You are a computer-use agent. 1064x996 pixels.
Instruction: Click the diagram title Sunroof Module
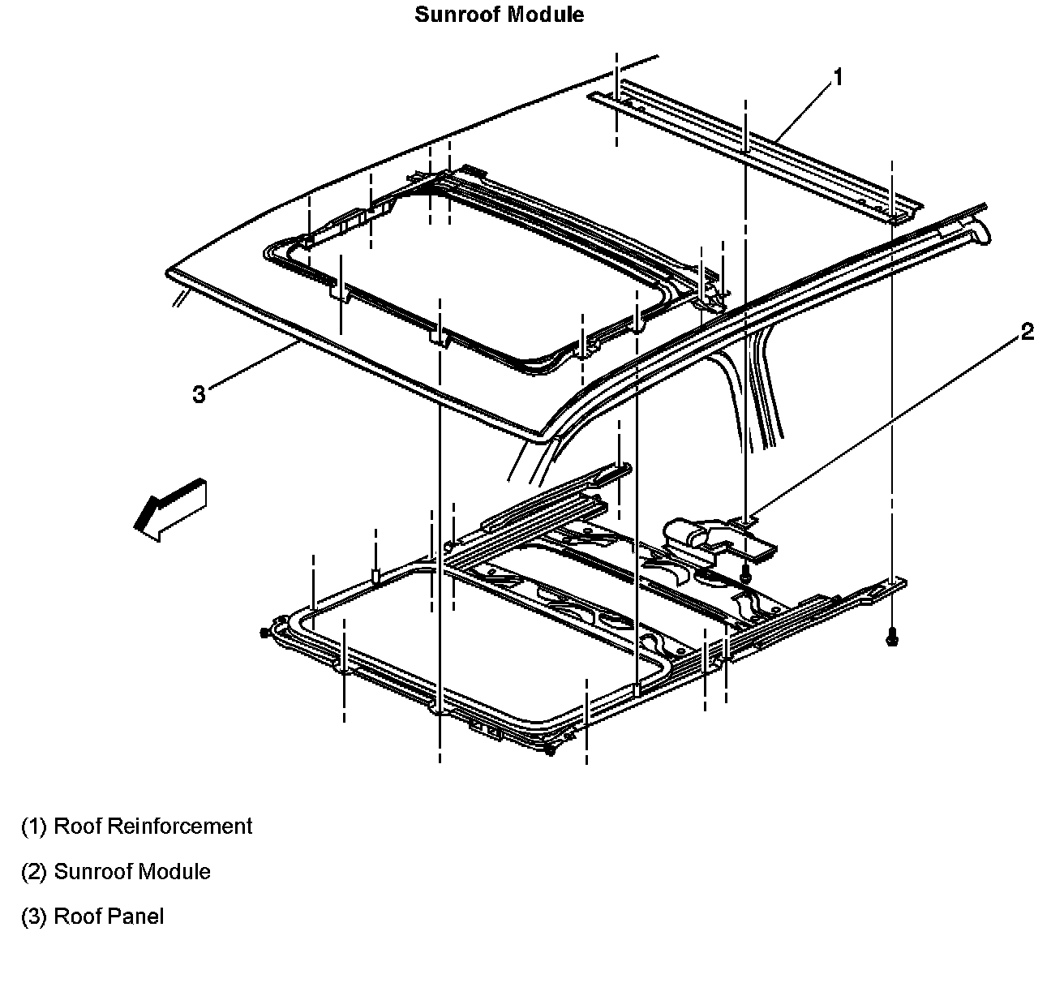[499, 15]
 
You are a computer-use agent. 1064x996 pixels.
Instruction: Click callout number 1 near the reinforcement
[839, 77]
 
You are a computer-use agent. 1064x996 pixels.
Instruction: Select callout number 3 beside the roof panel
[199, 394]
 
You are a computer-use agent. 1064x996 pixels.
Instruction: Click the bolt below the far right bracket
[892, 638]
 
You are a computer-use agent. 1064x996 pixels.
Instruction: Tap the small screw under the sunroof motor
[744, 576]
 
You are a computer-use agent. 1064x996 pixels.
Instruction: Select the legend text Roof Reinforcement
[152, 826]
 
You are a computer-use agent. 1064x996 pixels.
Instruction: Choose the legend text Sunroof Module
[131, 872]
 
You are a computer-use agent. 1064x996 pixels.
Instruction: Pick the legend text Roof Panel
[108, 917]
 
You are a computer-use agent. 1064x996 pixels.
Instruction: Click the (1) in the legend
[34, 826]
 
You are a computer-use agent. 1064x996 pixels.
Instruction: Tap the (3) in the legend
[34, 917]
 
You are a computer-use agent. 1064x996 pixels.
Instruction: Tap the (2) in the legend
[34, 872]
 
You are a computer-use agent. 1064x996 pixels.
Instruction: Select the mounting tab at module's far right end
[892, 583]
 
